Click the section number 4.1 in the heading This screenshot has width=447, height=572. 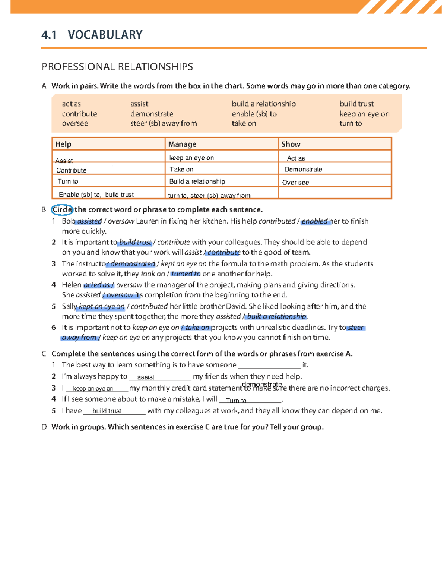(x=49, y=35)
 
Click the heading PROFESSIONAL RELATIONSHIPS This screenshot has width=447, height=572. (x=117, y=67)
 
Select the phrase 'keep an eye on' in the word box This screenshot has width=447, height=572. (x=364, y=114)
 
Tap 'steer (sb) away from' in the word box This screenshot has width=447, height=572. (x=163, y=123)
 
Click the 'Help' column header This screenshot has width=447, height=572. (x=63, y=144)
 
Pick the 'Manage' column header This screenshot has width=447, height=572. (x=182, y=144)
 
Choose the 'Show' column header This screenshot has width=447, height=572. (x=291, y=144)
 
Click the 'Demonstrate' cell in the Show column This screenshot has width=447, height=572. (x=303, y=170)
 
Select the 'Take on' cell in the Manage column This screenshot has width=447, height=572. (x=181, y=170)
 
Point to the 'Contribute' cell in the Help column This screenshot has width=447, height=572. (x=71, y=170)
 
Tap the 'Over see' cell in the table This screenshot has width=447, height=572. (x=295, y=183)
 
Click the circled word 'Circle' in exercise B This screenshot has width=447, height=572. (x=62, y=210)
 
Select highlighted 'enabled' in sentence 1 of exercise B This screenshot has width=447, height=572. (x=315, y=221)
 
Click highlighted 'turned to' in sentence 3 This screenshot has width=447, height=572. (x=186, y=274)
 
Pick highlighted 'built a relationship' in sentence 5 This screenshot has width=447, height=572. (x=276, y=317)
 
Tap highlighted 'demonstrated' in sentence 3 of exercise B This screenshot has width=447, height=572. (x=132, y=264)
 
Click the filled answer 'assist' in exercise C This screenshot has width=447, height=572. (x=146, y=377)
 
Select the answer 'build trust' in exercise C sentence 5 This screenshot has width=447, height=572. (x=107, y=411)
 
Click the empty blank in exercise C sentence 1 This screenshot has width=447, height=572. (x=269, y=365)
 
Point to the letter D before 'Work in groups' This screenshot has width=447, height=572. (x=44, y=427)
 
